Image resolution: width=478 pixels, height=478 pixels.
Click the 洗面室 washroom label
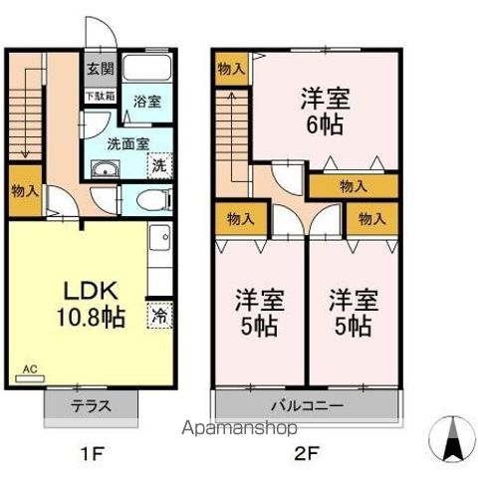(x=126, y=141)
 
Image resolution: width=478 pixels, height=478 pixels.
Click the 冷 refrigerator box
(x=160, y=317)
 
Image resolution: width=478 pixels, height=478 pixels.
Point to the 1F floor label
(x=92, y=453)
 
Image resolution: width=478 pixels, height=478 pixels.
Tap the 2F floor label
(x=305, y=453)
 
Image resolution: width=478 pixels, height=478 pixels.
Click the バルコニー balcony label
(x=308, y=406)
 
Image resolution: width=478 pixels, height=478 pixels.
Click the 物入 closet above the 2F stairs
(x=229, y=68)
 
